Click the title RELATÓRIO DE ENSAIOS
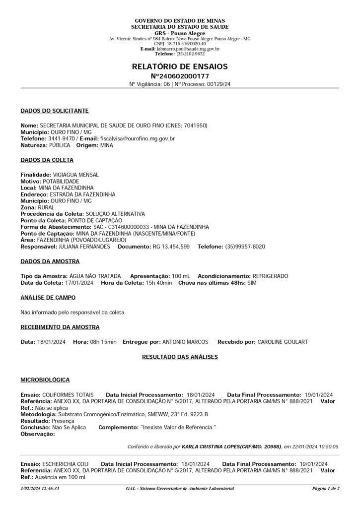[x=180, y=66]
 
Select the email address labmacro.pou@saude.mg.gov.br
[x=188, y=49]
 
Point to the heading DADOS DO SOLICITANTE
[x=55, y=111]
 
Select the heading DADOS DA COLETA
[x=47, y=160]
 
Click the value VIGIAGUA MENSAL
[x=76, y=175]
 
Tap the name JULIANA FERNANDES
[x=84, y=246]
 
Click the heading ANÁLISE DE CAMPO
[x=48, y=297]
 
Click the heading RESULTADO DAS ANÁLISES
[x=180, y=356]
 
